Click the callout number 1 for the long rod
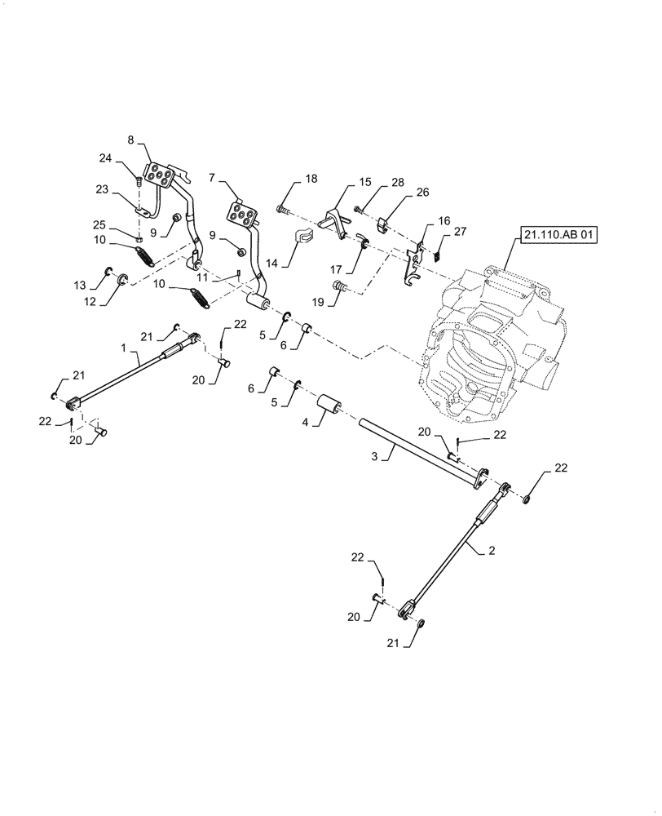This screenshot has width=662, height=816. [x=125, y=348]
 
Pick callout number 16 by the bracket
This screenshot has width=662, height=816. [x=444, y=220]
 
